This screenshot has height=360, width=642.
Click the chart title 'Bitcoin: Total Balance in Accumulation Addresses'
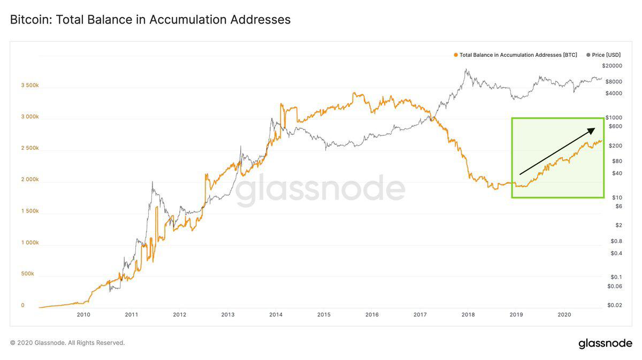150,20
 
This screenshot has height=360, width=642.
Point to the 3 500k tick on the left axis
29,85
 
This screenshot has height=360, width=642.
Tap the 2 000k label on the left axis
29,179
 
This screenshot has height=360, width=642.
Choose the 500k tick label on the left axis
27,273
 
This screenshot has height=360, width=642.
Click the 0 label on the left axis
22,305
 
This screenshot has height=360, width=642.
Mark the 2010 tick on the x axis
83,315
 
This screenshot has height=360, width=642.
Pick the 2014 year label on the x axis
276,315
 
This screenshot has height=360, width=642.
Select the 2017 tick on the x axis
420,315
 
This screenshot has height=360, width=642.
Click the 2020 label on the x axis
564,315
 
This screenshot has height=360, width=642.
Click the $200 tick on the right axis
615,145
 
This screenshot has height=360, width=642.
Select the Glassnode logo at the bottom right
605,343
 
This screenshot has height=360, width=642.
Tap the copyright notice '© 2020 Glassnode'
67,343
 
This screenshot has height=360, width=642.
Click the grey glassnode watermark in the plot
320,190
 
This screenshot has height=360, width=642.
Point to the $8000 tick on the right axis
613,81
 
